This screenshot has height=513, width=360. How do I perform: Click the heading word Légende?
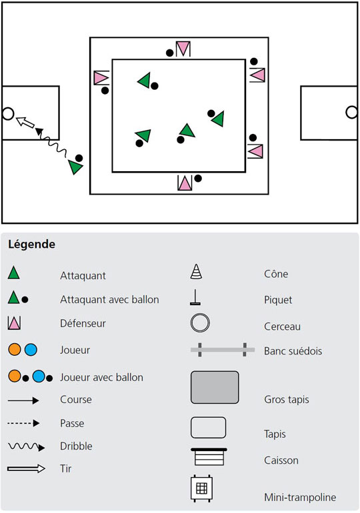click(x=32, y=245)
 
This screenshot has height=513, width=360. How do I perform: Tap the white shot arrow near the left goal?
click(x=25, y=122)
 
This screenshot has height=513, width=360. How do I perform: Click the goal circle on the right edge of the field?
click(x=351, y=112)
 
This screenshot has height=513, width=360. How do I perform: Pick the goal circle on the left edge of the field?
click(x=8, y=114)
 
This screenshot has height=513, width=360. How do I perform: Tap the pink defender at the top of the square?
click(x=183, y=49)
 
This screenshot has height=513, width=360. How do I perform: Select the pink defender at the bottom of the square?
click(x=185, y=183)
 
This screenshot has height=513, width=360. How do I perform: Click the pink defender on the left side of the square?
click(x=101, y=78)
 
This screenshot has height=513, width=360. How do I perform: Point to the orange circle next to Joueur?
click(x=15, y=349)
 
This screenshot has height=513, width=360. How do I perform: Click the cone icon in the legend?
click(x=196, y=272)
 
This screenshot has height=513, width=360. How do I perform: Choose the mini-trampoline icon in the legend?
click(x=201, y=489)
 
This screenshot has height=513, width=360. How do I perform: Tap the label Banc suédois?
click(x=293, y=351)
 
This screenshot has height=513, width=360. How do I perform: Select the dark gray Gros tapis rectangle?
click(x=215, y=387)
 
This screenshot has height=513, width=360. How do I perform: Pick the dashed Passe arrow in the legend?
click(x=23, y=423)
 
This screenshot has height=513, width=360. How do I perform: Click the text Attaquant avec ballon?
click(x=109, y=299)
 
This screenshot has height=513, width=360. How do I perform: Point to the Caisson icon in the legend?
click(x=209, y=457)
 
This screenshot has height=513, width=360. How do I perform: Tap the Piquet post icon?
click(x=195, y=297)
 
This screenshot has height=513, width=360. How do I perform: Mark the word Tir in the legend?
click(x=66, y=468)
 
